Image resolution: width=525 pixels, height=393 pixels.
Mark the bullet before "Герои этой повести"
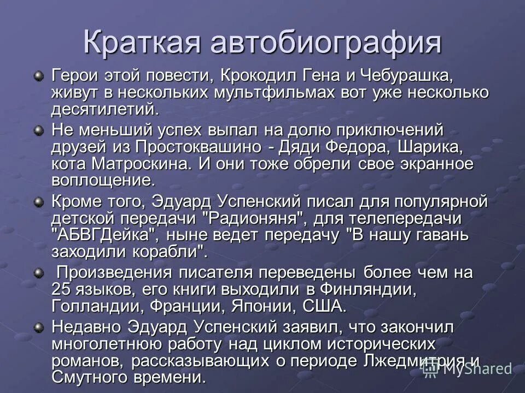coord(38,75)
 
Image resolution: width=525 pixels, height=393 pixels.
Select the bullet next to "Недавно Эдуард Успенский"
coord(38,326)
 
